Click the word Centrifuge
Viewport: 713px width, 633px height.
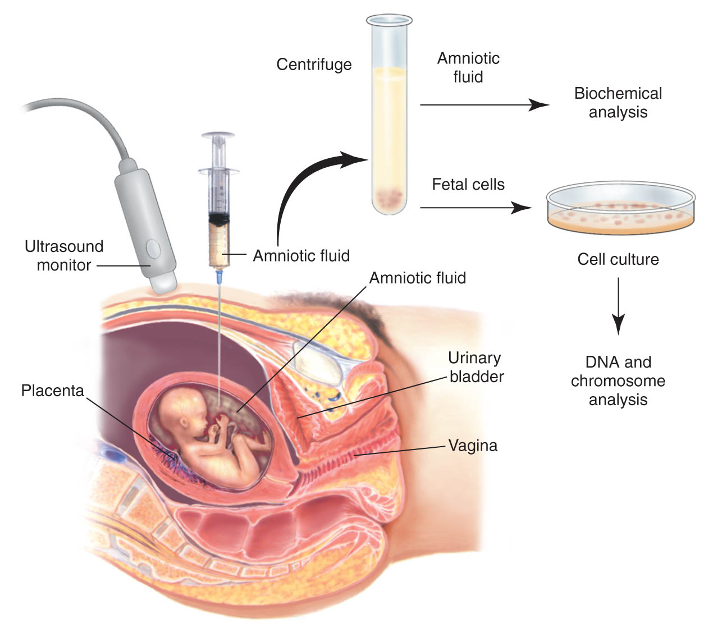[x=314, y=65]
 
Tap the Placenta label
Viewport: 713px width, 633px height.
[x=52, y=391]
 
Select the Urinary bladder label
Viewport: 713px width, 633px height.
[x=476, y=368]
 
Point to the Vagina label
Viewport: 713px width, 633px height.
[x=473, y=446]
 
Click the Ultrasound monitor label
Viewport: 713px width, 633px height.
[x=63, y=256]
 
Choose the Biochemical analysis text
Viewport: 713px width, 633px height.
[x=618, y=103]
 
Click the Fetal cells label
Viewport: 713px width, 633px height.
[x=468, y=185]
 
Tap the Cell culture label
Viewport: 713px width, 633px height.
[x=618, y=259]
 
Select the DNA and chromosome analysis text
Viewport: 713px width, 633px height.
[x=618, y=380]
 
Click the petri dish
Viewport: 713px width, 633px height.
[x=621, y=208]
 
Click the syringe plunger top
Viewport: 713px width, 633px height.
[x=218, y=135]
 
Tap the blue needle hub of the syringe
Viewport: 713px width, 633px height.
[x=220, y=277]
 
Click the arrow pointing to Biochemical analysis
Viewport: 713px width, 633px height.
[x=485, y=105]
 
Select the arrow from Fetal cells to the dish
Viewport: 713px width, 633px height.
[x=476, y=208]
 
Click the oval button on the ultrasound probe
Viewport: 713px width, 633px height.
[x=153, y=249]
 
